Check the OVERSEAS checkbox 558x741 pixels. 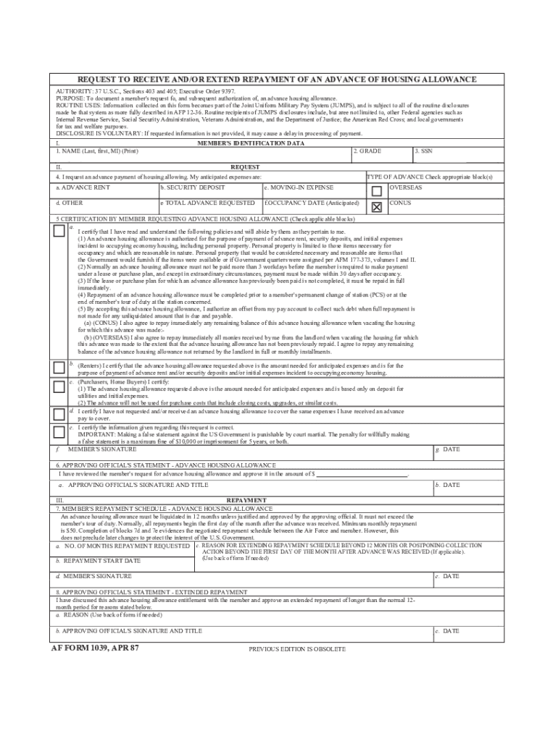coord(376,191)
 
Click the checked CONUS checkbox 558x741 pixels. coord(376,207)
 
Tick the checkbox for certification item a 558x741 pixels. coord(59,231)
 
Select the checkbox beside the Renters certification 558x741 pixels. coord(59,368)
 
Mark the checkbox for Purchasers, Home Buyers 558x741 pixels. coord(59,386)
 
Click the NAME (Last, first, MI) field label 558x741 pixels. coord(97,151)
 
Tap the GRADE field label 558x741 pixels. coord(369,151)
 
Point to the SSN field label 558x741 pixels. coord(422,151)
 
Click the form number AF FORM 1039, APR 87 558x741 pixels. coord(94,648)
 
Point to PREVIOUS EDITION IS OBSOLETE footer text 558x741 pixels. coord(297,649)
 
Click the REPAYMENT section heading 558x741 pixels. coord(246,500)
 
